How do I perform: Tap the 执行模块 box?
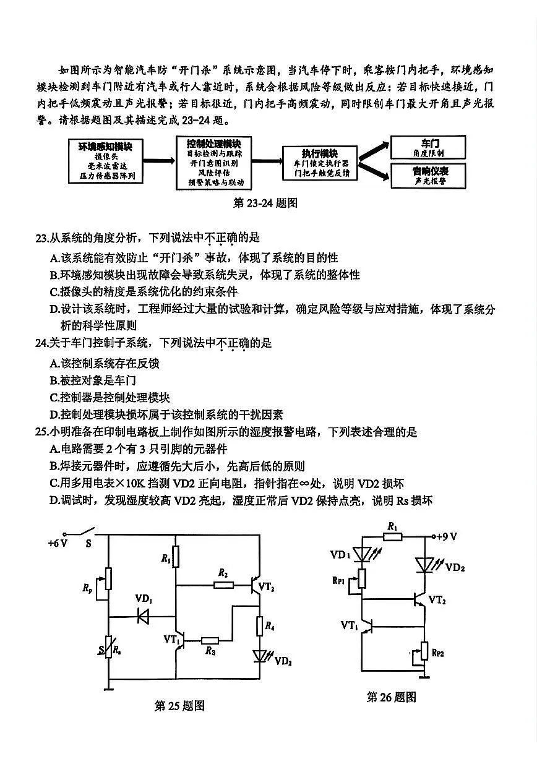[320, 163]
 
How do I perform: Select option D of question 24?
[54, 414]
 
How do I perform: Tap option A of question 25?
[54, 449]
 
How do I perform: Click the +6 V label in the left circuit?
[58, 543]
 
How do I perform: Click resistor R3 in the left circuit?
[210, 641]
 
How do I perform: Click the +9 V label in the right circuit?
[447, 536]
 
